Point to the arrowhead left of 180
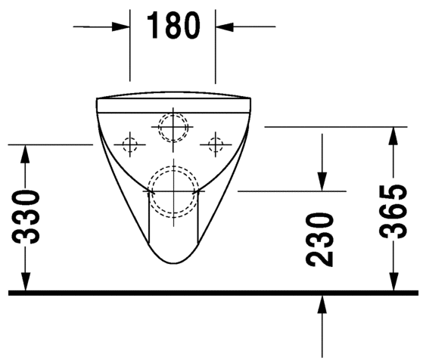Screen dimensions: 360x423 click(121, 26)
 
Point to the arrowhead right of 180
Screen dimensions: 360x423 click(226, 26)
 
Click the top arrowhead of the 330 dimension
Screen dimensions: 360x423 click(25, 152)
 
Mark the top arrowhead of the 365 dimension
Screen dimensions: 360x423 click(393, 136)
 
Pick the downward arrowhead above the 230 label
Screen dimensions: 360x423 click(322, 182)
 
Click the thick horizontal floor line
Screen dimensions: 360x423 click(212, 292)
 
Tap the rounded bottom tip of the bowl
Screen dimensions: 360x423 click(173, 262)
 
